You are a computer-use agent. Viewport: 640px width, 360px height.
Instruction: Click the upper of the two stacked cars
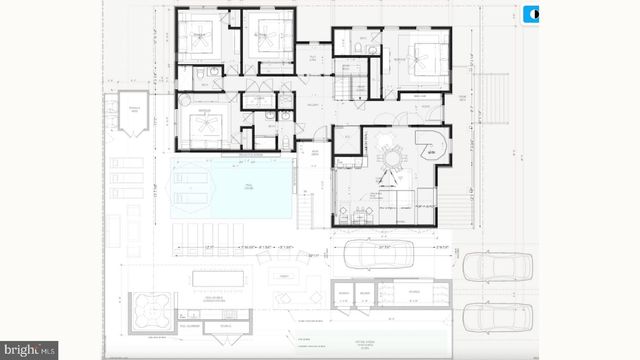point(490,267)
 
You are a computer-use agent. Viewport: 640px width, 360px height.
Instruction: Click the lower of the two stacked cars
point(490,317)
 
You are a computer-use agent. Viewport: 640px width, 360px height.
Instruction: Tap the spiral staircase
point(432,150)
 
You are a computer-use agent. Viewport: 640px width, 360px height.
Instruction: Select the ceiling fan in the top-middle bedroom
point(267,37)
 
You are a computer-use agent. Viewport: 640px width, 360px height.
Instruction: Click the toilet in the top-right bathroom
point(372,48)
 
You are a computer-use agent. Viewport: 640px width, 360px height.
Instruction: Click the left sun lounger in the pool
point(190,181)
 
